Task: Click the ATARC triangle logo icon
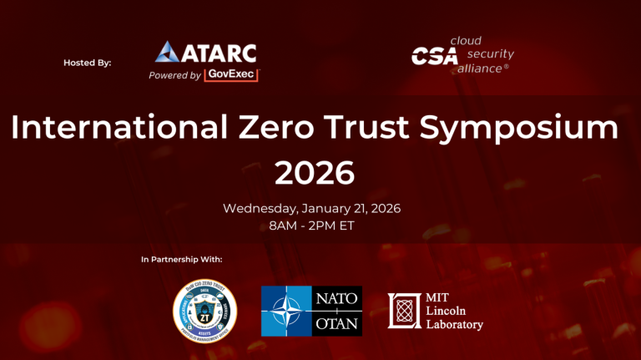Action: [165, 51]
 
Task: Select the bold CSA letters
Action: [433, 56]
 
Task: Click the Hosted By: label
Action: [87, 63]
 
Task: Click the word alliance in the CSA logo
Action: [478, 68]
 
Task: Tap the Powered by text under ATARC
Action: [174, 75]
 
